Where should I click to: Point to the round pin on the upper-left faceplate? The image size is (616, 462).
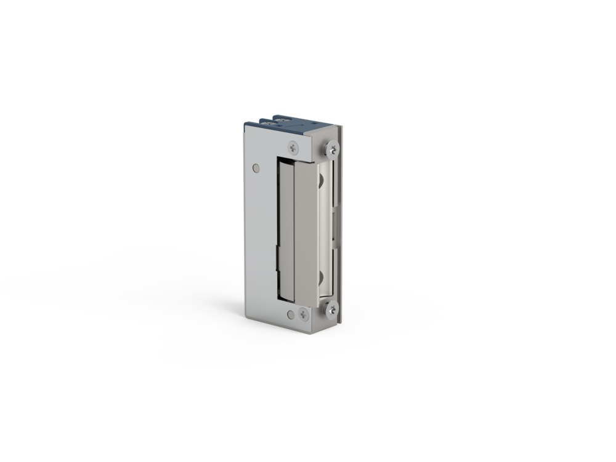(x=256, y=166)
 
